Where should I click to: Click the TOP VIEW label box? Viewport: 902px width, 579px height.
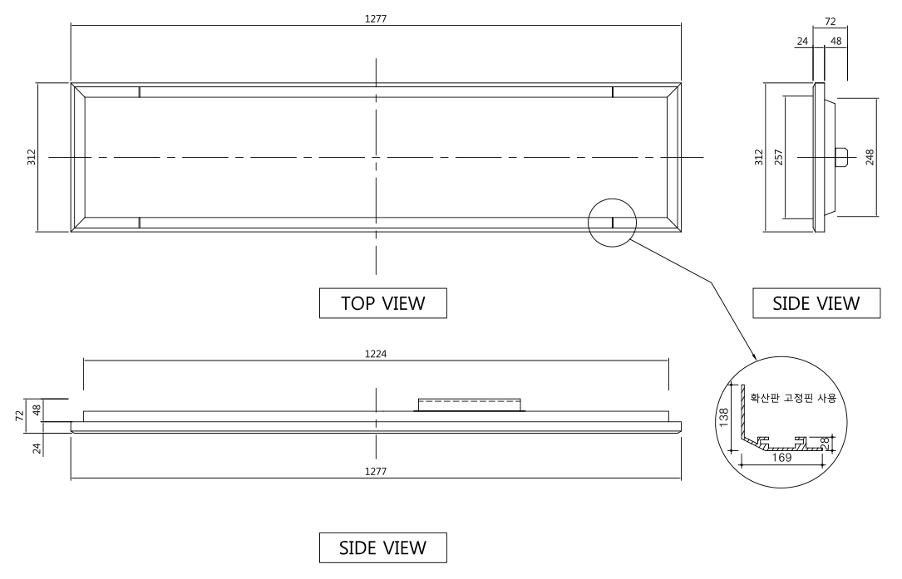click(x=383, y=303)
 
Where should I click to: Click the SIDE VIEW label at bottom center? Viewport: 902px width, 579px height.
click(x=383, y=547)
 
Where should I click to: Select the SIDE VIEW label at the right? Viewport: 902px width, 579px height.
click(x=816, y=303)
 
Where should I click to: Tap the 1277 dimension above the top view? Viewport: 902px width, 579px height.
click(x=376, y=18)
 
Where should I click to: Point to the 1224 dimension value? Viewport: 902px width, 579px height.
click(x=376, y=354)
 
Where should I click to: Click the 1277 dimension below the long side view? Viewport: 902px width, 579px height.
click(x=376, y=472)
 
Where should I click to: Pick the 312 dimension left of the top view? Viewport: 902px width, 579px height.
click(x=32, y=157)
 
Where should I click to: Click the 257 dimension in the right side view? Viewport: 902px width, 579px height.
click(x=779, y=157)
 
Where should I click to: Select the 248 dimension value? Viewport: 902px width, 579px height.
click(x=870, y=157)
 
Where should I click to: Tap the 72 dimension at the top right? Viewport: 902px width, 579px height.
click(x=831, y=22)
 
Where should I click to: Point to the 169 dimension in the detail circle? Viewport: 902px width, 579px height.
click(x=781, y=458)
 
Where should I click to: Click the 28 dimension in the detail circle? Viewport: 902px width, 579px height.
click(x=825, y=444)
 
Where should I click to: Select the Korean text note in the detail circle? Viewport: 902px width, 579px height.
click(x=793, y=397)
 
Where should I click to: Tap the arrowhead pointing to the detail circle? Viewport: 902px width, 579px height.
click(x=753, y=356)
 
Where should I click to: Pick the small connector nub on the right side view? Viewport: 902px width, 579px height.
click(x=841, y=157)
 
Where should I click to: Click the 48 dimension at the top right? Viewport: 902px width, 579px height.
click(x=836, y=41)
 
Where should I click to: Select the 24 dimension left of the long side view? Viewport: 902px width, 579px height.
click(x=37, y=449)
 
